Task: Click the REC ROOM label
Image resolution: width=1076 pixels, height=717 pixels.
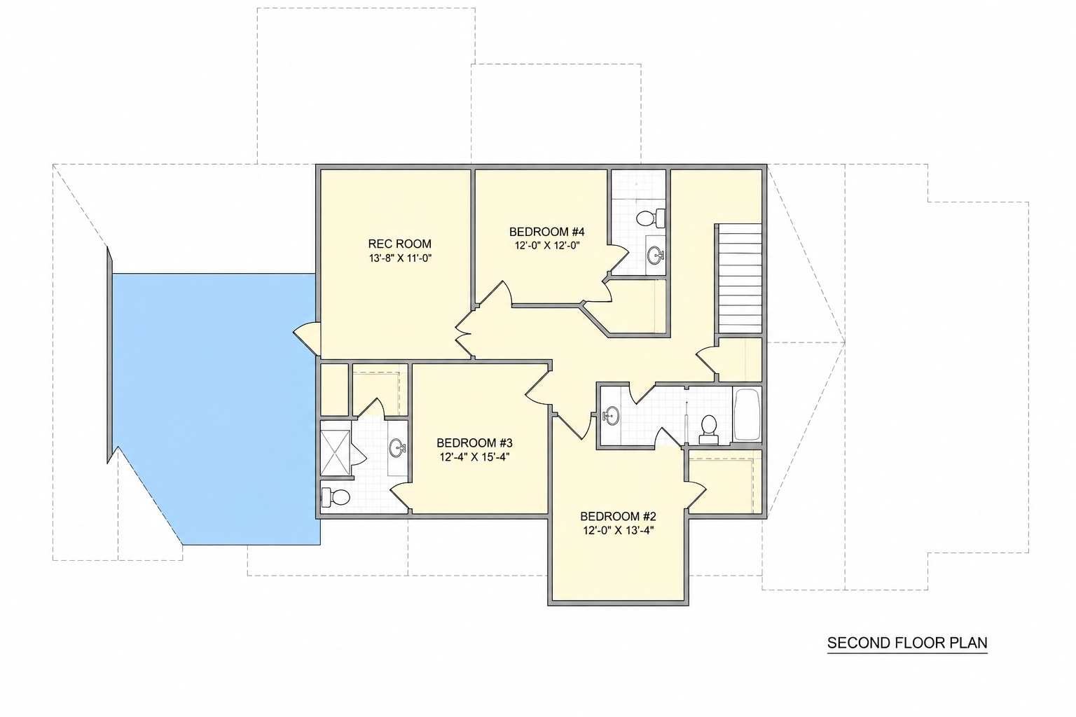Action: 400,244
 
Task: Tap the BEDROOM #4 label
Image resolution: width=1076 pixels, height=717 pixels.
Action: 546,232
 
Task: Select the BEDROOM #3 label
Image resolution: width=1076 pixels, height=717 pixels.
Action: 474,443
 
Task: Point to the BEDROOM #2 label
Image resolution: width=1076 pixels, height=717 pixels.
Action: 619,516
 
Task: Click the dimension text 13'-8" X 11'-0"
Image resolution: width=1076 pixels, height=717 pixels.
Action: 400,258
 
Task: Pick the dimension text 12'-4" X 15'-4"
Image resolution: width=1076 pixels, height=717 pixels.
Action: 474,457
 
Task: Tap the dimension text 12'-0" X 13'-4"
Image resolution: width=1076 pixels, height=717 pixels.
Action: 619,531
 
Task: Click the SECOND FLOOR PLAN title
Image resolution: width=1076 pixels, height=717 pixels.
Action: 907,643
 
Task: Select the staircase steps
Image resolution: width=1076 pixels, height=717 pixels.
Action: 740,278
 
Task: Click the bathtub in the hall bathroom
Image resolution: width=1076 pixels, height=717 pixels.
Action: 747,415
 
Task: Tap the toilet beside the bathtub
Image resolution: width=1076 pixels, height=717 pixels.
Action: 708,429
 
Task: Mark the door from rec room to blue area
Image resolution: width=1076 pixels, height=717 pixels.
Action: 306,338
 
